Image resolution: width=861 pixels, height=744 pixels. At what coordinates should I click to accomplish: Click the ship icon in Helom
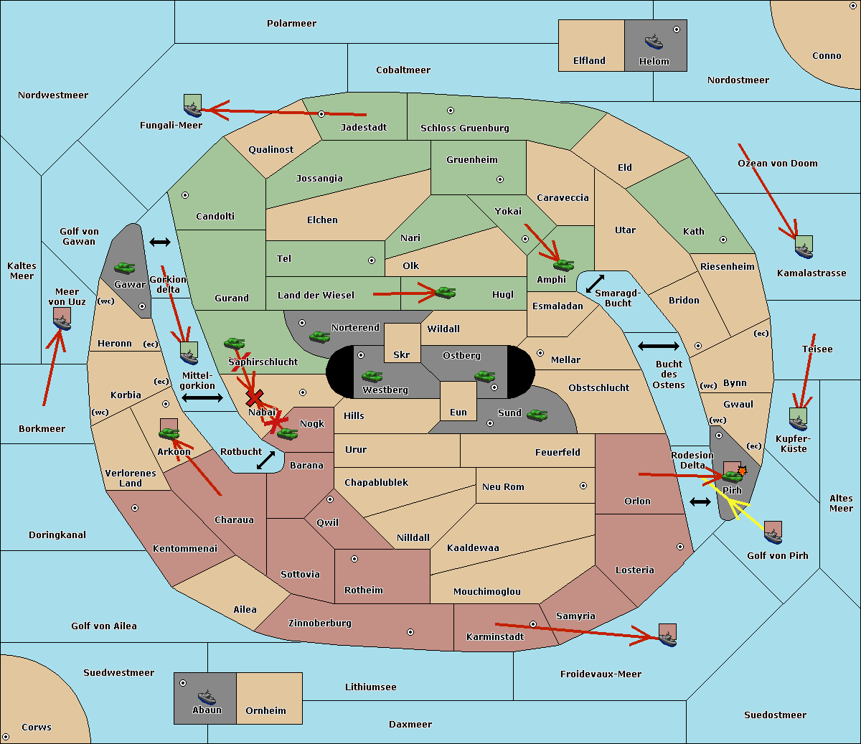click(654, 42)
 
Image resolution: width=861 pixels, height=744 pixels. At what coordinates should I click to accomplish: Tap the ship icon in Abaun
click(207, 697)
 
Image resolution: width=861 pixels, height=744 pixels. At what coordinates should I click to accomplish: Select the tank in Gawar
click(125, 268)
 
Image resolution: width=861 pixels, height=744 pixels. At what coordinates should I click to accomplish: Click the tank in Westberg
click(372, 376)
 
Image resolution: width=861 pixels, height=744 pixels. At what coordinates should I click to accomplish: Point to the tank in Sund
click(537, 415)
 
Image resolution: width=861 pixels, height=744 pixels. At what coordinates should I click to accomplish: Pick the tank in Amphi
click(563, 265)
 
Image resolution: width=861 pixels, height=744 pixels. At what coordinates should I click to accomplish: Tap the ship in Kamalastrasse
click(804, 248)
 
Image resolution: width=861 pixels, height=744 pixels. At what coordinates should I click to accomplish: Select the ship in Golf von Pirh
click(773, 532)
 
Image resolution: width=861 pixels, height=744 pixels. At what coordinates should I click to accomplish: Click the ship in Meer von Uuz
click(62, 319)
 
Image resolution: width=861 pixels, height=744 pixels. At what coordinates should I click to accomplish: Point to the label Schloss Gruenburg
click(464, 128)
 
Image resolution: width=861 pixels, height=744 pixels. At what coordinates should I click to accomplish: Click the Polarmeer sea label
click(291, 24)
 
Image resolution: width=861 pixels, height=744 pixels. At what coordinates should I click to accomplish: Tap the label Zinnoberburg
click(320, 623)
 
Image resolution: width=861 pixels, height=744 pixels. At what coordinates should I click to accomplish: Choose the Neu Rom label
click(503, 486)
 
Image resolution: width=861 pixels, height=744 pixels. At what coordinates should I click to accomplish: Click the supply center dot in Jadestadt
click(321, 114)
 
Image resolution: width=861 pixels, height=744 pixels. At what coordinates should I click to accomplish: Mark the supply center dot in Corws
click(6, 737)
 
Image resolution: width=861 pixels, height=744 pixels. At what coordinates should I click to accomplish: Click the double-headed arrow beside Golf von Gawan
click(160, 242)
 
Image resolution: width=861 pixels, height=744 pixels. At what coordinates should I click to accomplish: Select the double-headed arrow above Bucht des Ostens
click(659, 346)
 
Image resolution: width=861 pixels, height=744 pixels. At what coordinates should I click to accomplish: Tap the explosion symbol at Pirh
click(742, 471)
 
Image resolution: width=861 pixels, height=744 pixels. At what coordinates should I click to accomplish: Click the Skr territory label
click(402, 354)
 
